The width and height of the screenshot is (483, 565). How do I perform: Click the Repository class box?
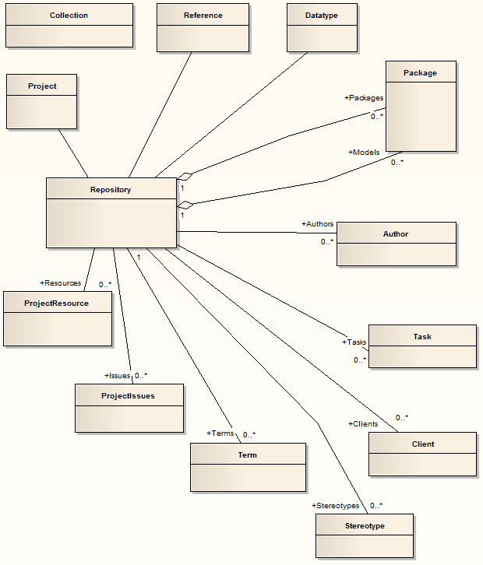(111, 212)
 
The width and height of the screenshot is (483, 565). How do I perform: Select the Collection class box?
(69, 25)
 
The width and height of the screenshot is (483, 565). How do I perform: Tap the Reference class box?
(203, 26)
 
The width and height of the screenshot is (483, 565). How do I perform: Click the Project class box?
(42, 101)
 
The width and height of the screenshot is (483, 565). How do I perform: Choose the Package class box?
(421, 105)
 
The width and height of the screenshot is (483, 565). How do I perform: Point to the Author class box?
(396, 244)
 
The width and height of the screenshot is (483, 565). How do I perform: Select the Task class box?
(422, 346)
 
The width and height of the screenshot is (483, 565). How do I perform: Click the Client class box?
(422, 454)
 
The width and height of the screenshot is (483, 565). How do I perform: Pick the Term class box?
(248, 467)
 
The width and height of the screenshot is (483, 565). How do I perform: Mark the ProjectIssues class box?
(129, 408)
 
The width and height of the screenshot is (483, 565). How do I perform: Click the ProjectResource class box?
(57, 318)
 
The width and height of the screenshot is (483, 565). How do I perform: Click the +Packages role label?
(364, 98)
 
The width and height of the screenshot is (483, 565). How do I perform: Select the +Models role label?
(364, 153)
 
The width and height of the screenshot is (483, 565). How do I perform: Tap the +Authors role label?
(317, 224)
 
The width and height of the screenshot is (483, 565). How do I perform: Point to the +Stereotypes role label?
(336, 506)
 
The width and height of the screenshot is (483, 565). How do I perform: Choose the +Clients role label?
(362, 424)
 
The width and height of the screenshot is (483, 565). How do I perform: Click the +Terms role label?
(220, 433)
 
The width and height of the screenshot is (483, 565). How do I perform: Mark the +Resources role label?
(60, 283)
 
